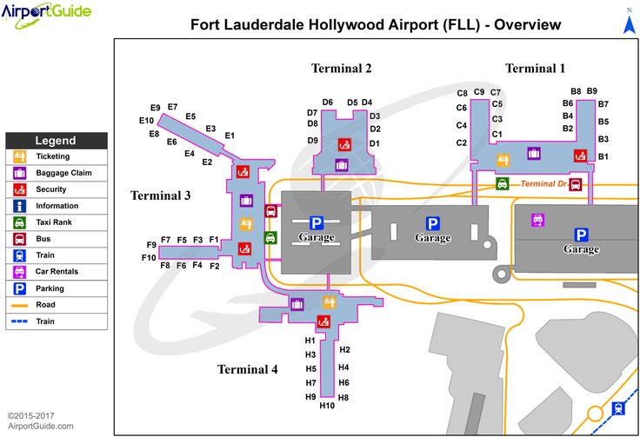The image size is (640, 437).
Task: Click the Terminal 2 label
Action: (341, 68)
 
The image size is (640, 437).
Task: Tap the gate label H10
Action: (327, 405)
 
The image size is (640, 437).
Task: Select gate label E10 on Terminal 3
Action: (146, 121)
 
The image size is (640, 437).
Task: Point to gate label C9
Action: (479, 92)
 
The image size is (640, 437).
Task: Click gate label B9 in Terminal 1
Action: (592, 91)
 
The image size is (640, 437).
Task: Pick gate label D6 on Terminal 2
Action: (327, 103)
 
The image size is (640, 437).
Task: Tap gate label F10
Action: (149, 258)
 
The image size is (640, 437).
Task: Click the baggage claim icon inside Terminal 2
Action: (342, 165)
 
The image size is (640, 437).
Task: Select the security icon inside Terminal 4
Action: (323, 321)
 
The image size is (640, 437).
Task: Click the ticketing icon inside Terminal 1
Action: (503, 160)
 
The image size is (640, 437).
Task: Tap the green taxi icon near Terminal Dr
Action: (502, 183)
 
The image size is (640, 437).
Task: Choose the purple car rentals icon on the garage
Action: (537, 220)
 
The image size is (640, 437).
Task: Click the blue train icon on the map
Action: (618, 408)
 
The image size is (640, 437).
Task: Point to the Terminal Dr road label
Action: (543, 184)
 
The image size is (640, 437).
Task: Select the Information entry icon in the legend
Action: (20, 206)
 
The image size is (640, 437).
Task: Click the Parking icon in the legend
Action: (20, 288)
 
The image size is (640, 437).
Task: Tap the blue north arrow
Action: (629, 23)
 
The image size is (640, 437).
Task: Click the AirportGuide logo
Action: (46, 13)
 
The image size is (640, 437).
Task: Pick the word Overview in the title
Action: (527, 24)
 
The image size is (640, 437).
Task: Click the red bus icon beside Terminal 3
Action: (270, 211)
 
